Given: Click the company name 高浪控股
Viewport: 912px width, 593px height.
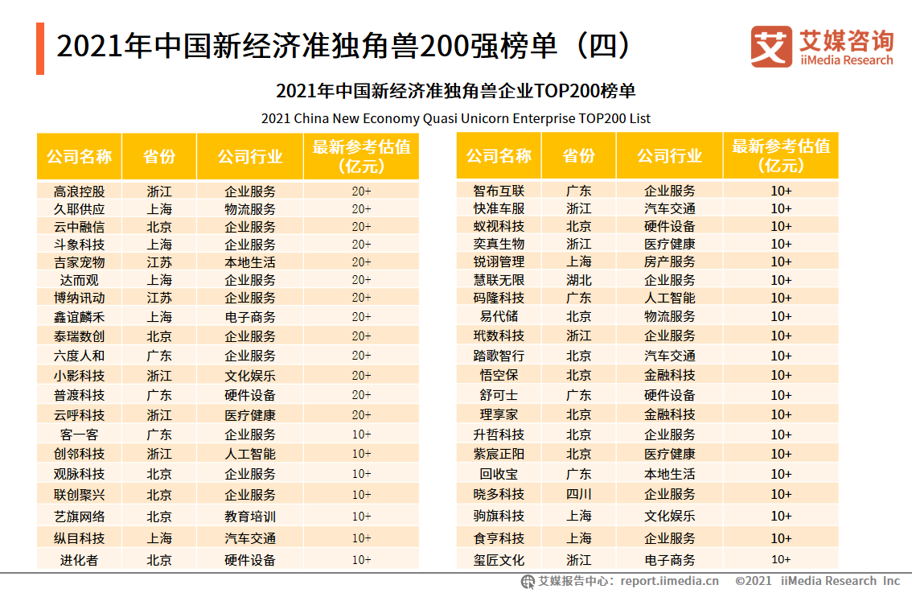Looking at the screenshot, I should click(79, 191).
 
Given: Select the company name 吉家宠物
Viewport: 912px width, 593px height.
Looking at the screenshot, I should click(79, 262).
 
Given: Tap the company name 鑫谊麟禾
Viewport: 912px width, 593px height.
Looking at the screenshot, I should click(79, 317).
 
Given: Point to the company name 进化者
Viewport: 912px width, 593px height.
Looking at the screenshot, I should click(79, 560).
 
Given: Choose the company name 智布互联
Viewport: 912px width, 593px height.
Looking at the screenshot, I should click(499, 191).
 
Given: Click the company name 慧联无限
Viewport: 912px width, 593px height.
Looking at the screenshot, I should click(499, 280).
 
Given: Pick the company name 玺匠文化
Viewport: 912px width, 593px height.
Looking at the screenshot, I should click(499, 560).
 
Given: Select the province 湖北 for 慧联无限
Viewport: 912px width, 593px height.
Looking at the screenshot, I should click(579, 280).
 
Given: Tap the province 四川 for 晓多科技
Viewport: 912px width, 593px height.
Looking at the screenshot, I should click(579, 494).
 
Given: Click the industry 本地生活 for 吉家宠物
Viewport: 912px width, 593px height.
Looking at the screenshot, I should click(250, 262).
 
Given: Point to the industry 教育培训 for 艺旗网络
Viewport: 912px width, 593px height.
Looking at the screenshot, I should click(250, 517).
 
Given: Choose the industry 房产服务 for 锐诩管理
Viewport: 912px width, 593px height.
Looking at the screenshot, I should click(670, 261).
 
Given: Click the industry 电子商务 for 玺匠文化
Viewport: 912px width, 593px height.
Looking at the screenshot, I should click(670, 560).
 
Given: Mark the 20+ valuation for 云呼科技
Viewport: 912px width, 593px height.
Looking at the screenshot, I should click(361, 415).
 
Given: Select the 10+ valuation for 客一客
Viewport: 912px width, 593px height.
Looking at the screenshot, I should click(361, 434).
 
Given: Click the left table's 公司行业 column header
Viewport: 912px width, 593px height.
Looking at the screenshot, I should click(250, 156).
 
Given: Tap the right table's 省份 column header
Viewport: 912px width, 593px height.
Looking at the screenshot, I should click(579, 156).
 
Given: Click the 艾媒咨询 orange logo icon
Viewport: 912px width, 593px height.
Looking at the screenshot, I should click(771, 47).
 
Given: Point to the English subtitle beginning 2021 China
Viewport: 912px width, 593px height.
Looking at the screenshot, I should click(455, 118).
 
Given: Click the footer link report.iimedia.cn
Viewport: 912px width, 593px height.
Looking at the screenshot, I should click(670, 581).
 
